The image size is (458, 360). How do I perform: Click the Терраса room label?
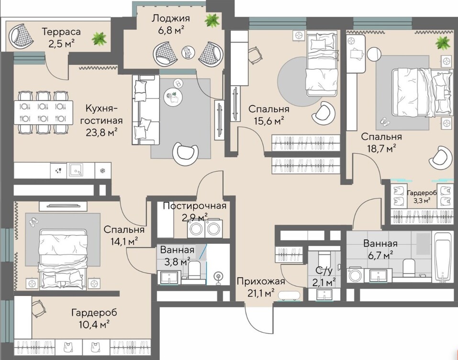coord(61,32)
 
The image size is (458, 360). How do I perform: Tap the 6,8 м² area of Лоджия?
coord(171,30)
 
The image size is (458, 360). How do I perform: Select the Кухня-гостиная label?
coord(101,114)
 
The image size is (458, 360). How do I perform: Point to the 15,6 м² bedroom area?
coord(269,120)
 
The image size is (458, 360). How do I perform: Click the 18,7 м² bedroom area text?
coord(381,149)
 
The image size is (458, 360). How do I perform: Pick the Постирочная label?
coord(194,206)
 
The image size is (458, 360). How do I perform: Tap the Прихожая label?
coord(261,282)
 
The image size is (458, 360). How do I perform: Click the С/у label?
coord(324,271)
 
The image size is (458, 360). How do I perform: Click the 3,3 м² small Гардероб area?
coord(422,200)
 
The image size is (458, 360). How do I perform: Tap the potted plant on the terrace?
coord(100,39)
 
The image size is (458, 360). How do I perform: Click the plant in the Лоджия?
coord(212,20)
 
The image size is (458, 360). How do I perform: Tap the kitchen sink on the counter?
coord(76,170)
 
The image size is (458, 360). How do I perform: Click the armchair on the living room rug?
coord(185,154)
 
